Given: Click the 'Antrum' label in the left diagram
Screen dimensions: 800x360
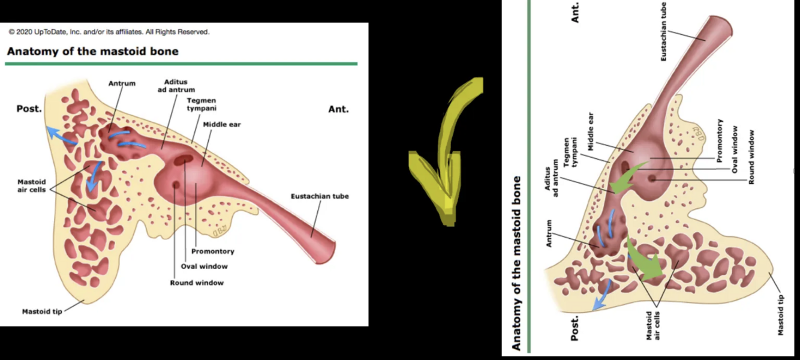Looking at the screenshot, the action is coord(122,83).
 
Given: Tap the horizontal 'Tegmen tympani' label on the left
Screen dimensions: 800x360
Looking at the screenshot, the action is coord(201,104).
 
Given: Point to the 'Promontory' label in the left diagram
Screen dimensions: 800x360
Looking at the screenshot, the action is coord(212,251).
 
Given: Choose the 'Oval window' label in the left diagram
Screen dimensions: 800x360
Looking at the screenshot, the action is coord(204,266).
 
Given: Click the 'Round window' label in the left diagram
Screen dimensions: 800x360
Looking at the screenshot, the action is coord(197,283).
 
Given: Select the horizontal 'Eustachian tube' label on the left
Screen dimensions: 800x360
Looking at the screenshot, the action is coord(320,196).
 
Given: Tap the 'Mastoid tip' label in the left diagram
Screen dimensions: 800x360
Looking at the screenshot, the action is coord(41,311).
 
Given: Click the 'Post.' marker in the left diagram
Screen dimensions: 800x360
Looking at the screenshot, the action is coord(29,109).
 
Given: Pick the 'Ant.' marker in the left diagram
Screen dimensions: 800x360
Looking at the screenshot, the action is coord(338,109).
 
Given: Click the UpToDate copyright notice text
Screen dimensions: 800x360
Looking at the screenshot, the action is coord(109,32).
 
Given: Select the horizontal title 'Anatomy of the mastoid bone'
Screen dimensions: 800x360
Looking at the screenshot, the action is coord(92,51).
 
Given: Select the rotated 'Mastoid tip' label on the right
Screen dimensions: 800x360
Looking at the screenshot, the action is coord(781,314).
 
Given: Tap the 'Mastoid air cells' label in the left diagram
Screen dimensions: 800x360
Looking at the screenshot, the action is coord(31,185).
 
